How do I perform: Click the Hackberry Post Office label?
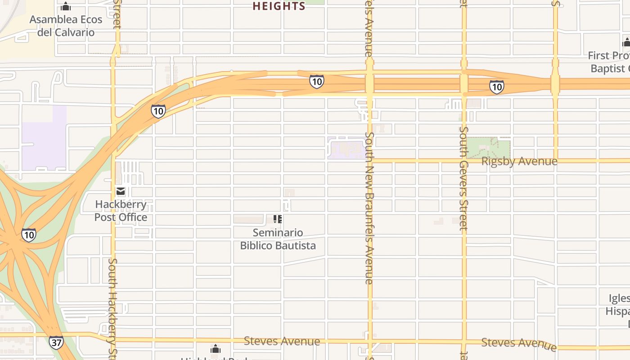[121, 211]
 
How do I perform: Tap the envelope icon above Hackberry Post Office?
[121, 192]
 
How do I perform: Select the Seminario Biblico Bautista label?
[278, 239]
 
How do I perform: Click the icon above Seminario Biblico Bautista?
[278, 219]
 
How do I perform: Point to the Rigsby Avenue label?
[519, 161]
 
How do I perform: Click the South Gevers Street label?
[463, 178]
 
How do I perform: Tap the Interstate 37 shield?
[56, 342]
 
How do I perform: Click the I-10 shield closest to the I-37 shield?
[29, 234]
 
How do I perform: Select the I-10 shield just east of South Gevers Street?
[496, 87]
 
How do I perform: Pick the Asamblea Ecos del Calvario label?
[66, 26]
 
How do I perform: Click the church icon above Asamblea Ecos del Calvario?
[66, 6]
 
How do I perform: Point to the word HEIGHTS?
[279, 6]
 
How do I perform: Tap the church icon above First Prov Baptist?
[626, 43]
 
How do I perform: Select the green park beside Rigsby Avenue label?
[488, 148]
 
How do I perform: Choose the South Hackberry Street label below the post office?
[112, 308]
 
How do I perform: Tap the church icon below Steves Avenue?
[216, 349]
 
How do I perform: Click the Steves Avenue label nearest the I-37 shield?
[282, 341]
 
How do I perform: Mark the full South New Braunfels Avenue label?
[369, 208]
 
